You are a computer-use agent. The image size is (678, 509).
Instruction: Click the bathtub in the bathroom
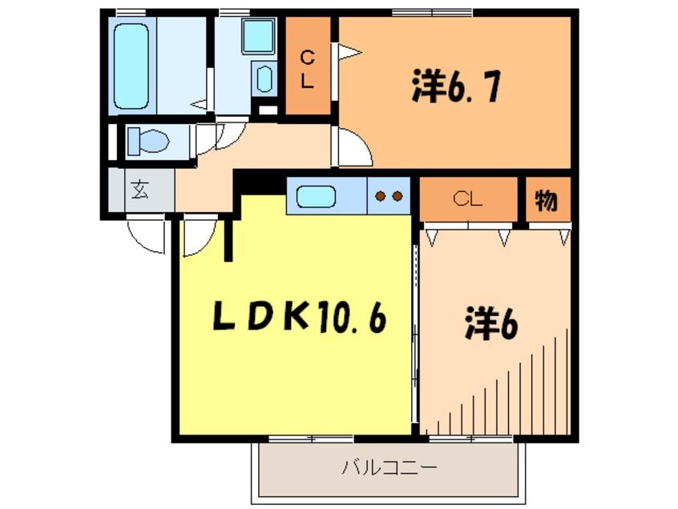pyautogui.click(x=131, y=66)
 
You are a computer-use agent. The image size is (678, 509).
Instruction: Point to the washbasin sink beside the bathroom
pyautogui.click(x=263, y=79)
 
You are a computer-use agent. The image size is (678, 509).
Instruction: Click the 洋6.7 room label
pyautogui.click(x=457, y=86)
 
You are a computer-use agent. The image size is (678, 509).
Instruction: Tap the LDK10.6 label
pyautogui.click(x=299, y=318)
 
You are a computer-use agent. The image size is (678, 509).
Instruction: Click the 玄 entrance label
pyautogui.click(x=140, y=192)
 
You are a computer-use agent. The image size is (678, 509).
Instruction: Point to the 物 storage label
pyautogui.click(x=547, y=201)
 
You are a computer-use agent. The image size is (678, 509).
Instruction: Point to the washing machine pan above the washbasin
pyautogui.click(x=259, y=37)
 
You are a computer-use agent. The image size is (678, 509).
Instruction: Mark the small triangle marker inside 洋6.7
pyautogui.click(x=349, y=53)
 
